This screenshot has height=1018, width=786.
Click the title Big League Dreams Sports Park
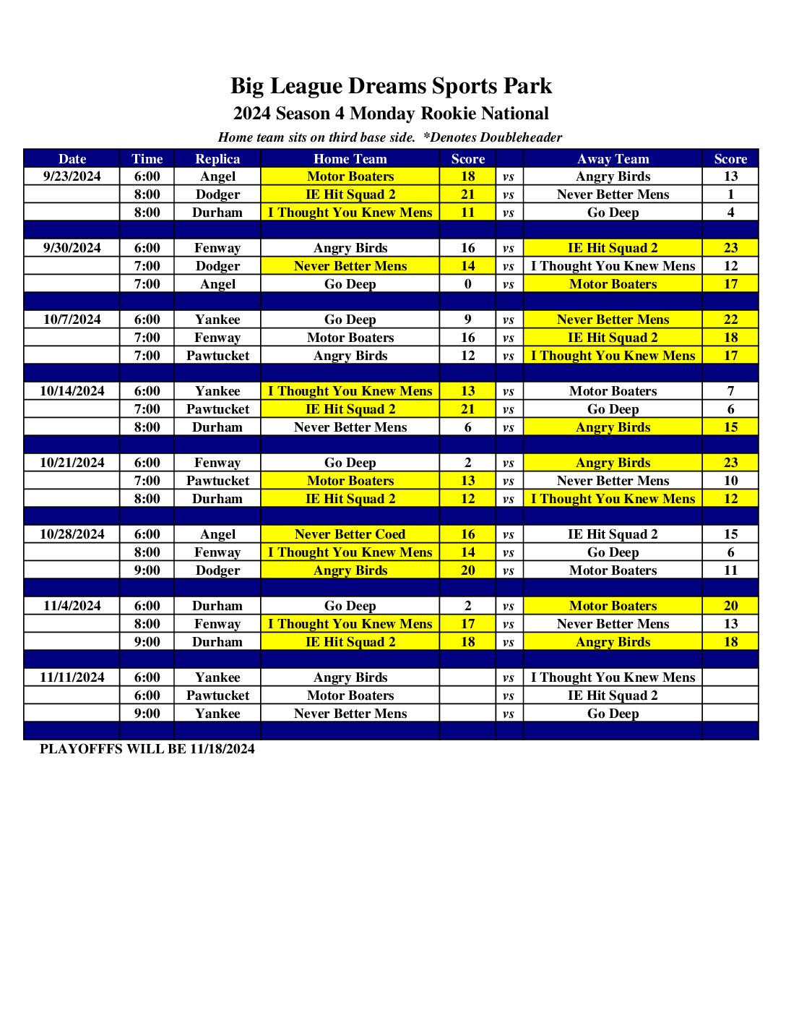[x=391, y=86]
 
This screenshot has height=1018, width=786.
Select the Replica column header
[x=217, y=159]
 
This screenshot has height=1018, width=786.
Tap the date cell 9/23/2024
[x=72, y=176]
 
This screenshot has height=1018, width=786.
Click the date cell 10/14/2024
[x=72, y=391]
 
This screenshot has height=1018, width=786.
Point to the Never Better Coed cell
[x=350, y=534]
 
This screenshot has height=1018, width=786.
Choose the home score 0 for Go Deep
[x=468, y=284]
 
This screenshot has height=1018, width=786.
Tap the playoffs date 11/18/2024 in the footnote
[x=223, y=749]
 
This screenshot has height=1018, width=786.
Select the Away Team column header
[x=613, y=159]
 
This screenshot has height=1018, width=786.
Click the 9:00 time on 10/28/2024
[x=147, y=570]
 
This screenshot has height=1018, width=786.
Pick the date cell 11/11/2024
[x=72, y=677]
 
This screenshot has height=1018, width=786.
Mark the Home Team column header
[x=350, y=159]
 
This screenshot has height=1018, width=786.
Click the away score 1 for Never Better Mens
[x=730, y=194]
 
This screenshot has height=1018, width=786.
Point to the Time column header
[x=147, y=159]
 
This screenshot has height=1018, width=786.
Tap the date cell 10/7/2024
[x=72, y=320]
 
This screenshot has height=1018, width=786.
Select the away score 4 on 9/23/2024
[x=730, y=213]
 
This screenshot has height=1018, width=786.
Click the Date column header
[x=72, y=159]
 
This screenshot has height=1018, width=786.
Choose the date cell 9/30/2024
[x=72, y=248]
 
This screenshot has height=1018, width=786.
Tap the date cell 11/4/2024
[x=72, y=606]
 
